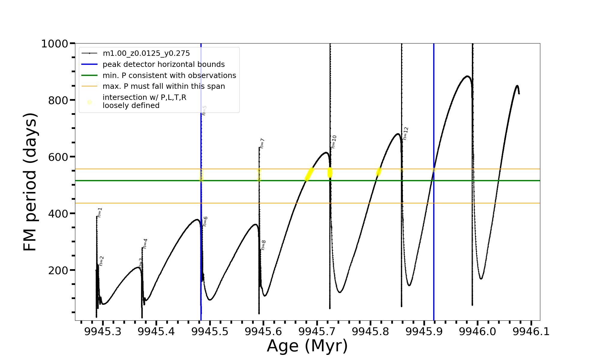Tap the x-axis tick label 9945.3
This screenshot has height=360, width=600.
coord(103,332)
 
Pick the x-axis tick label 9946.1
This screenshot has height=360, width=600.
coord(531,332)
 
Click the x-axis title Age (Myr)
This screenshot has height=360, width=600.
coord(307,346)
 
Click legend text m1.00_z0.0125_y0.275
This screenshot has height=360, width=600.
coord(146,53)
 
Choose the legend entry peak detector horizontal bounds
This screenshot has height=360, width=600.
coord(163,64)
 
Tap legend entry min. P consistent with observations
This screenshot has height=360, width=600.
coord(169,76)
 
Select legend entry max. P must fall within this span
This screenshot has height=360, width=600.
coord(163,86)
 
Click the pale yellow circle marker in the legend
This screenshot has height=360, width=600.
coord(89,102)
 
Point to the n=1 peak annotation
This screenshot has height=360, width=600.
coord(100,212)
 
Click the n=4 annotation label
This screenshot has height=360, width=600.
coord(145,244)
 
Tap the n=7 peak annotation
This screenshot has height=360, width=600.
coord(262,143)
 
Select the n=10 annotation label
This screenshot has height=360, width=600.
coord(334,142)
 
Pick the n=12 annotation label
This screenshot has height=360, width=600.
coord(406,133)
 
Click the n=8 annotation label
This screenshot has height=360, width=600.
coord(263,245)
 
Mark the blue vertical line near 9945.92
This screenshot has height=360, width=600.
coord(433,240)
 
